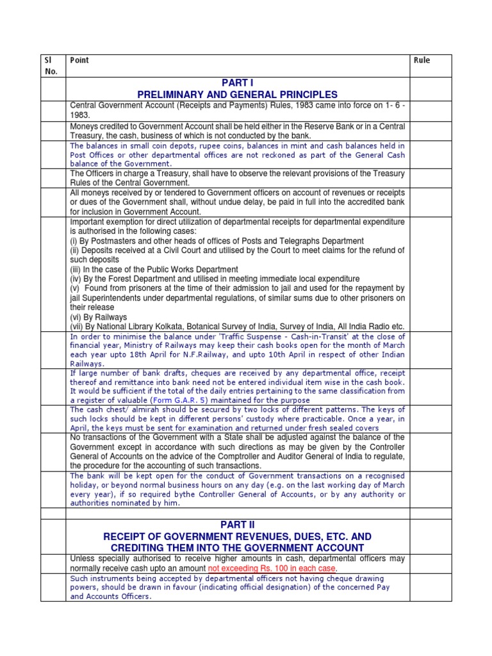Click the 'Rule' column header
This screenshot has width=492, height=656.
tap(422, 60)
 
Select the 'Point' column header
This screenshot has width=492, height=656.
tap(79, 60)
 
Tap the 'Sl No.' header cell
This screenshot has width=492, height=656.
tap(50, 65)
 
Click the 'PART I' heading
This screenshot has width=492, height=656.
tap(238, 83)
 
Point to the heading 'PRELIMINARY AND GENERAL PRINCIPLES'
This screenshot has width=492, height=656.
tap(238, 95)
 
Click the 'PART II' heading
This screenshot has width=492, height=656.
tap(238, 525)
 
